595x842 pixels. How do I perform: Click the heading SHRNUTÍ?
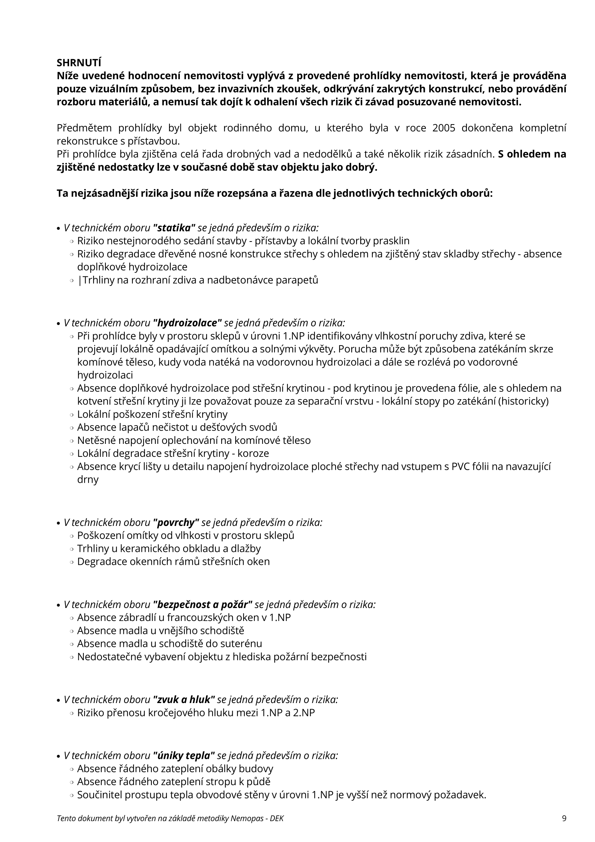click(x=79, y=63)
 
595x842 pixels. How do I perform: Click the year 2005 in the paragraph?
click(x=444, y=128)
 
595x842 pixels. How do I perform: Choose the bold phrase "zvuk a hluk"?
click(x=184, y=699)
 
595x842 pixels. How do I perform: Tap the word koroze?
click(x=253, y=453)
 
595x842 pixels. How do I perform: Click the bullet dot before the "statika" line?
click(x=59, y=229)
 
